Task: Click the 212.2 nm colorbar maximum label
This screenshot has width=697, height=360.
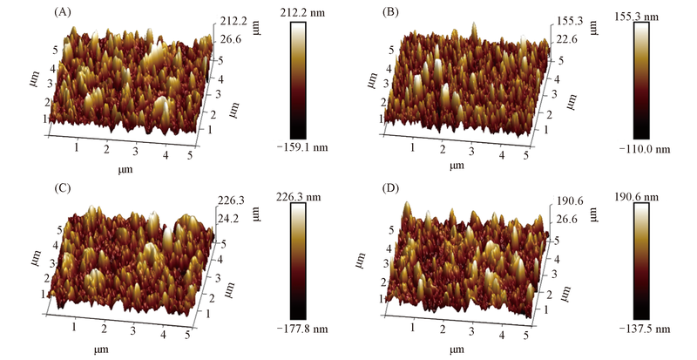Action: click(312, 13)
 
